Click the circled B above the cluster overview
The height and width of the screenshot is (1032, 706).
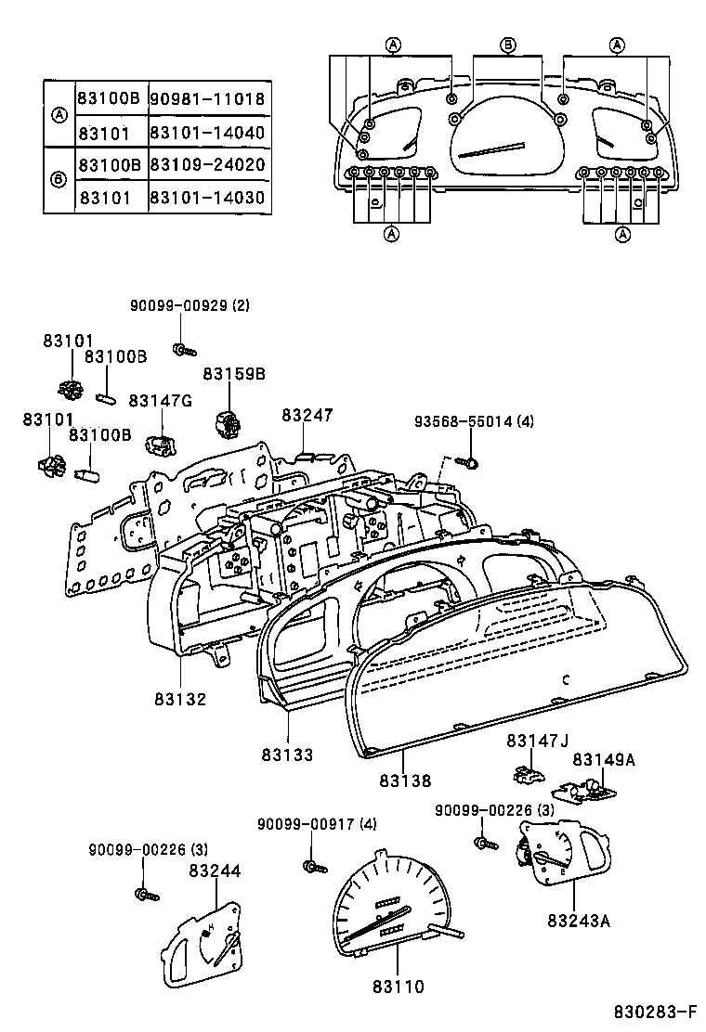point(508,45)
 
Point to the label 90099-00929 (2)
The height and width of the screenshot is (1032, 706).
point(190,305)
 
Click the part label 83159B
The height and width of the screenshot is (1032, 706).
point(235,374)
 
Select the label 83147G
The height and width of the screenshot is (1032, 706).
point(160,400)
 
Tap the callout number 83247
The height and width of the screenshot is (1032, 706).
point(307,415)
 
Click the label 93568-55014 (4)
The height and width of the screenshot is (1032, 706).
point(475,422)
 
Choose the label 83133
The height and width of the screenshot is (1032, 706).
point(287,755)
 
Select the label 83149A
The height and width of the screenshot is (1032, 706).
point(604,759)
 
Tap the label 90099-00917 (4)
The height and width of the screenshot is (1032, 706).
point(317,823)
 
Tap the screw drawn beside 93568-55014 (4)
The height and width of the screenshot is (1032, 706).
point(467,461)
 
